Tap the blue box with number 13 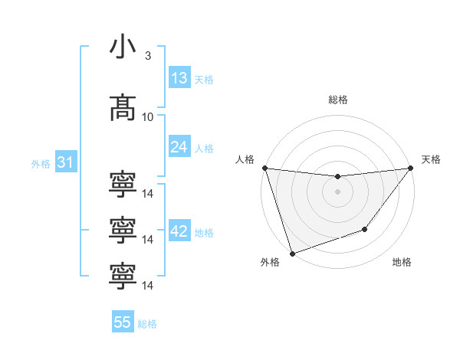coord(179,78)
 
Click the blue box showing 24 coord(179,147)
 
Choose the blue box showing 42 coord(179,232)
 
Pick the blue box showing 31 coord(65,163)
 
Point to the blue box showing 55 coord(123,322)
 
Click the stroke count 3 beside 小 coord(148,56)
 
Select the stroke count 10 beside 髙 coord(148,116)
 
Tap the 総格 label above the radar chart coord(338,100)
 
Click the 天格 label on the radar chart coord(431,159)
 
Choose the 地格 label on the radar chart coord(402,263)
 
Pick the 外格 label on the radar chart coord(270,263)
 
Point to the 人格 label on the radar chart coord(245,159)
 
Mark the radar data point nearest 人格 coord(264,168)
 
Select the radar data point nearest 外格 coord(292,253)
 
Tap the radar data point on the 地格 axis coord(365,229)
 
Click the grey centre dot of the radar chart coord(338,191)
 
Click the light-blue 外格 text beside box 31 coord(41,164)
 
